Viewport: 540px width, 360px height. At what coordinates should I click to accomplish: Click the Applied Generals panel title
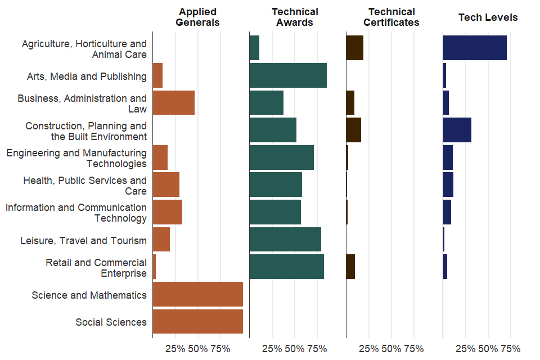197,17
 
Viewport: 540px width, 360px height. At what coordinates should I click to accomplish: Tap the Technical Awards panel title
295,17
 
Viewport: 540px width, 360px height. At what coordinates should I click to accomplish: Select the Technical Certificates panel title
391,17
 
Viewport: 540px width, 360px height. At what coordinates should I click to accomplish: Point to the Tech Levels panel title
488,17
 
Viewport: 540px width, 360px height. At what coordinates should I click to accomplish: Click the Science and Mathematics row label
89,295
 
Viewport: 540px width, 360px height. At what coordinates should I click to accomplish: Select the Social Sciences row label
111,322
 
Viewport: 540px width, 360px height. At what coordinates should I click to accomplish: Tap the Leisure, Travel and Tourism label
83,240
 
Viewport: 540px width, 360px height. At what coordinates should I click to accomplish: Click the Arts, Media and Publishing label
87,76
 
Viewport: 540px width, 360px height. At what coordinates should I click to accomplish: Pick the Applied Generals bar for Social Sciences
197,322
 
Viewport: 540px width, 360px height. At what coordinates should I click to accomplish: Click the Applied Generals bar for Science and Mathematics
197,294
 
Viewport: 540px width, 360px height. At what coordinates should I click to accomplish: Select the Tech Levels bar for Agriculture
474,48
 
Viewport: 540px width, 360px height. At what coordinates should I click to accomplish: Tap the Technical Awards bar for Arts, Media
287,75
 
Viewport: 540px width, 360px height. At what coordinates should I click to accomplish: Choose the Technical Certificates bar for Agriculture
354,48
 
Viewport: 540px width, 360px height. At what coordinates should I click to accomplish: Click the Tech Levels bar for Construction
457,130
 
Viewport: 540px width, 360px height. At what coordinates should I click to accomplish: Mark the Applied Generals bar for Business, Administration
173,102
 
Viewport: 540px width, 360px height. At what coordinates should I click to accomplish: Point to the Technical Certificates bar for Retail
350,267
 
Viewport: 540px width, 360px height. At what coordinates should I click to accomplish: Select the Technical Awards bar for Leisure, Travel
285,239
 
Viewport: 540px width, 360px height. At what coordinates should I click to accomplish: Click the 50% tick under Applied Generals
198,349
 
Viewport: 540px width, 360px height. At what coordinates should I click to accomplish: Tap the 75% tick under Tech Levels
510,349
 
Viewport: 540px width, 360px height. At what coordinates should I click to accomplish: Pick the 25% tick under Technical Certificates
368,349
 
